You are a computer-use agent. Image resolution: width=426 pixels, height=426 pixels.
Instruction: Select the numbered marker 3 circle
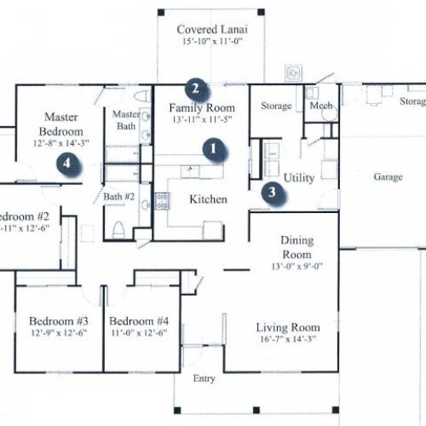[272, 192]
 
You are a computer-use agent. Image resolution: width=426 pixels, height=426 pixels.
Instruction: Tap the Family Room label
[201, 107]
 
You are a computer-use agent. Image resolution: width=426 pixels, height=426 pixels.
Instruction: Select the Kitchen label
[209, 199]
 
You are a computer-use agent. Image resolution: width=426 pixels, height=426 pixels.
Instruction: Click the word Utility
[300, 178]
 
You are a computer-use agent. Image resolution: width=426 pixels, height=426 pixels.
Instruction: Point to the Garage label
[388, 177]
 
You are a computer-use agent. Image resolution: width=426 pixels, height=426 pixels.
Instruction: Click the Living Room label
[289, 327]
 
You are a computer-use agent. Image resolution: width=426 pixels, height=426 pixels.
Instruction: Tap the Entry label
[204, 378]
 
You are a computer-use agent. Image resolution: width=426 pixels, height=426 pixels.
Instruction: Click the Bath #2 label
[120, 197]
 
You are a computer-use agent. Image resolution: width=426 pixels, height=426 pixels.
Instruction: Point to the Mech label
[321, 106]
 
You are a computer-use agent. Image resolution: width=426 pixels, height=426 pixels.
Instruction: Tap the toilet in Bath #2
[119, 227]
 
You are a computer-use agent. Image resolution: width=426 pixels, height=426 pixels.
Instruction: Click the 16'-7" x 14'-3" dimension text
[289, 340]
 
